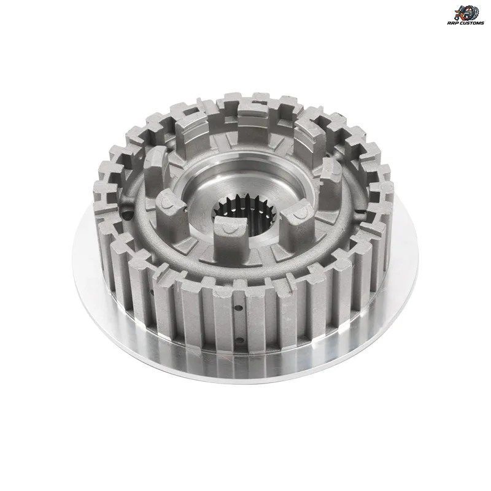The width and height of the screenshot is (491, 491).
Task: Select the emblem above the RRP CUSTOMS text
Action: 466,12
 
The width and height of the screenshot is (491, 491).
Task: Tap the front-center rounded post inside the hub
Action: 230,238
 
